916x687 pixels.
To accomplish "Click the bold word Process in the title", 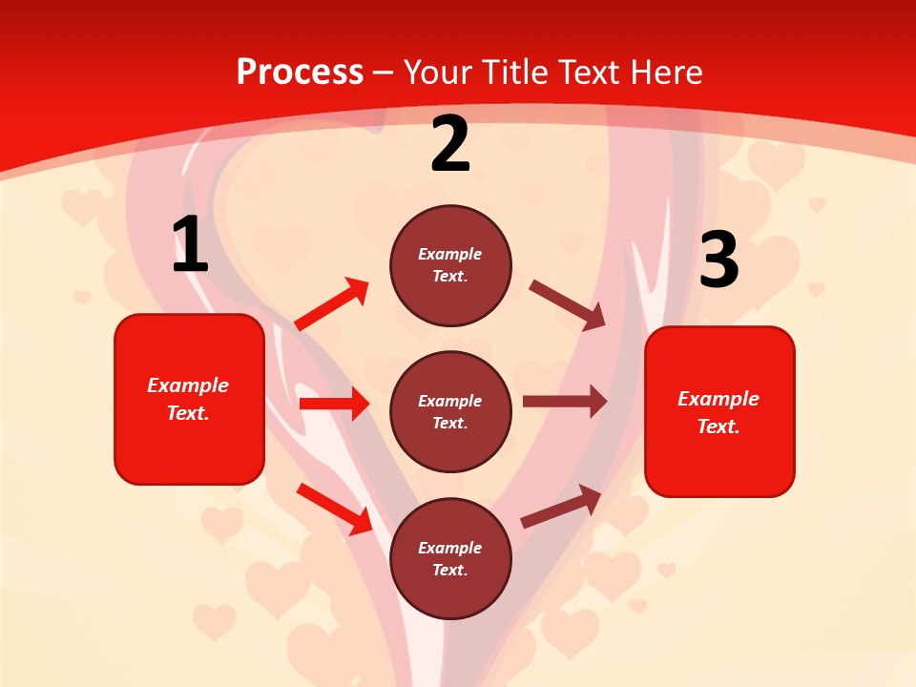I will [300, 73].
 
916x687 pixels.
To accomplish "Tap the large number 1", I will [190, 245].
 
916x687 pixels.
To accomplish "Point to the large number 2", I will [450, 144].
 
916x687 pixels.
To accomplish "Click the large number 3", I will [718, 260].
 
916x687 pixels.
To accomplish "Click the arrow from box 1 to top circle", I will [332, 304].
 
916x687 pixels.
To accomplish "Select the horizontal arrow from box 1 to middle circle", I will [334, 404].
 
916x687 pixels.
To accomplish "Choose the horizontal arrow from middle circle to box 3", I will [565, 401].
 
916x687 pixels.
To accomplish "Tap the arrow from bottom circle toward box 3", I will [561, 507].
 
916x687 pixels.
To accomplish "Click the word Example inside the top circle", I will [450, 255].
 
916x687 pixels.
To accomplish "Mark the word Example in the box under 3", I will [718, 399].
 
